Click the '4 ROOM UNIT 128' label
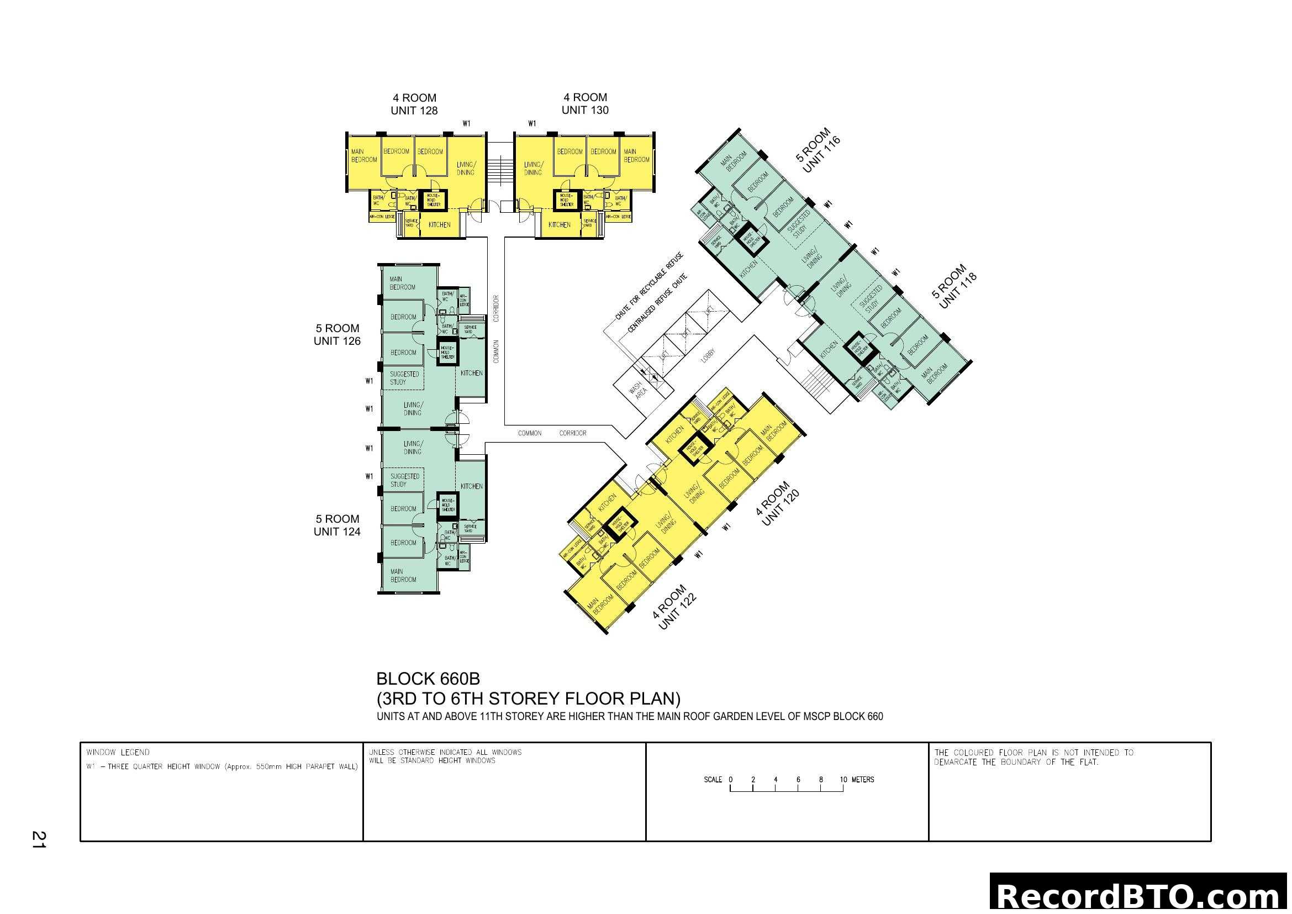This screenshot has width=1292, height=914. pyautogui.click(x=414, y=104)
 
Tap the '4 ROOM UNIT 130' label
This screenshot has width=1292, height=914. pyautogui.click(x=584, y=103)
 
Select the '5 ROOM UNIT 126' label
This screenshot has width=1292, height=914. pyautogui.click(x=337, y=334)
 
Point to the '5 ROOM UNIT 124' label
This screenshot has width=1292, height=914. pyautogui.click(x=337, y=525)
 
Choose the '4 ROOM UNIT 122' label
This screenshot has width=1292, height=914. pyautogui.click(x=674, y=607)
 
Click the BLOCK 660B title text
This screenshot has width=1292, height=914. pyautogui.click(x=428, y=679)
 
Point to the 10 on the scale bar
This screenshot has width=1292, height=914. pyautogui.click(x=843, y=780)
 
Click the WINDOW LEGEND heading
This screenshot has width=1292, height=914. pyautogui.click(x=118, y=753)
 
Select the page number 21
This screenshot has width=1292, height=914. pyautogui.click(x=39, y=839)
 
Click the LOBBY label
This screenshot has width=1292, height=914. pyautogui.click(x=708, y=355)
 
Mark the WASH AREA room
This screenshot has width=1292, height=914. pyautogui.click(x=638, y=390)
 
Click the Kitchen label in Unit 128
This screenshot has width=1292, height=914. pyautogui.click(x=439, y=224)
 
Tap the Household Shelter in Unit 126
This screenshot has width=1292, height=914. pyautogui.click(x=448, y=353)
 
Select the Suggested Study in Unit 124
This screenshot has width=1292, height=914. pyautogui.click(x=404, y=480)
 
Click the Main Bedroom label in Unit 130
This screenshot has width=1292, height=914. pyautogui.click(x=636, y=155)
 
